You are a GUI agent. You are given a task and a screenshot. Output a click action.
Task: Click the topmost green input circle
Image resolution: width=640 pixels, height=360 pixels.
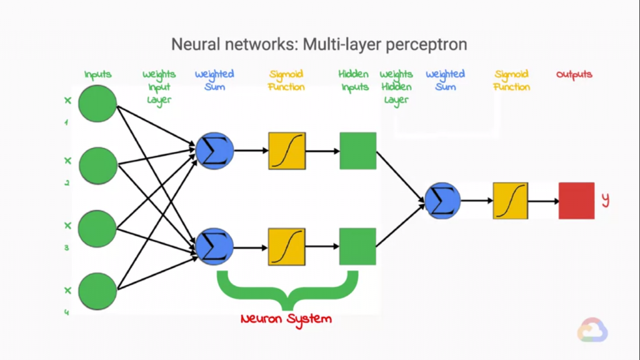[97, 104]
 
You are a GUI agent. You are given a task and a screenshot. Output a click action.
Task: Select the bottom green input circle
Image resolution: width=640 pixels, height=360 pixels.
[97, 291]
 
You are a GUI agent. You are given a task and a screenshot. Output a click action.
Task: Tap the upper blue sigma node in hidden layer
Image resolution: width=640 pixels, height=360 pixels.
[214, 151]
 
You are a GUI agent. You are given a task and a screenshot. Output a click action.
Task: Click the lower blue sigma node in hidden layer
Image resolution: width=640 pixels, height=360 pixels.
[214, 246]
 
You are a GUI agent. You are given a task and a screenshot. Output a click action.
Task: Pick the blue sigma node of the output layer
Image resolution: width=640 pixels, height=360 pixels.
[442, 201]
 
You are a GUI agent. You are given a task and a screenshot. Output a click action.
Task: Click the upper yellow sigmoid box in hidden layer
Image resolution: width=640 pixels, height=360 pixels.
[287, 151]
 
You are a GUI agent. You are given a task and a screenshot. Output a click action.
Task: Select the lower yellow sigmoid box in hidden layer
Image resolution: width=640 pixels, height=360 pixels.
[287, 246]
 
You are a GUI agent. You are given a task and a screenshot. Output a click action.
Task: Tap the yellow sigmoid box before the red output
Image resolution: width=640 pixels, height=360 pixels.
[511, 201]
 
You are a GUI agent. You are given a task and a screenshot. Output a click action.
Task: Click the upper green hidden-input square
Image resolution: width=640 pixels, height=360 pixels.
[358, 151]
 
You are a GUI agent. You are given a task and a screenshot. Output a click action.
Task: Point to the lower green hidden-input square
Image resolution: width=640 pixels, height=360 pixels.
[358, 246]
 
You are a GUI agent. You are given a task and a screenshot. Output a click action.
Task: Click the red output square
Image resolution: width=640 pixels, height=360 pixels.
[576, 201]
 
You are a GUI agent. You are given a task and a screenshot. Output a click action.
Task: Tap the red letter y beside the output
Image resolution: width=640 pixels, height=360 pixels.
[605, 200]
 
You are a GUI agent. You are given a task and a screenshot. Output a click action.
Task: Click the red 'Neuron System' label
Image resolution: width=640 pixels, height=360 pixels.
[286, 319]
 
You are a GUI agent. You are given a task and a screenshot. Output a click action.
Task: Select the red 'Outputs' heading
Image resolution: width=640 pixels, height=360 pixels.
[574, 74]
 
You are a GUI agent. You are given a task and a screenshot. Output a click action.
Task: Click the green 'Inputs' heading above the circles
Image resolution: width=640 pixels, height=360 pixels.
[98, 74]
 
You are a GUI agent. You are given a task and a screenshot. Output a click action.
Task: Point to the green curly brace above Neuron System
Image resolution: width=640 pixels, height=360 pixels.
[287, 289]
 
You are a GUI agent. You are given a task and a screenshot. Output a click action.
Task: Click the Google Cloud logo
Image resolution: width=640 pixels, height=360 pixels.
[592, 330]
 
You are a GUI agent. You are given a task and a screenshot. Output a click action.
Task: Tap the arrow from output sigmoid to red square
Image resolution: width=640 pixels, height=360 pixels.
[543, 201]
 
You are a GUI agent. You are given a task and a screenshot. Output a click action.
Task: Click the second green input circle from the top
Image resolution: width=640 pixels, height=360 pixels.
[97, 166]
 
